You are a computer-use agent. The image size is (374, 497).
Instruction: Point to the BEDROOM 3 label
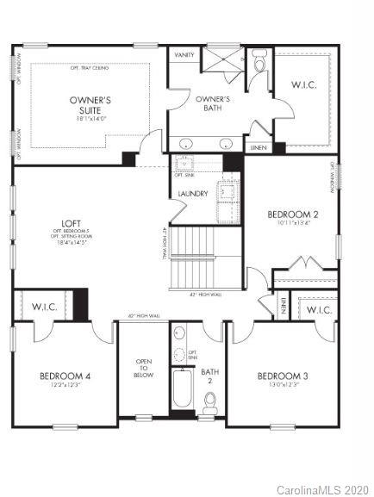pyautogui.click(x=282, y=376)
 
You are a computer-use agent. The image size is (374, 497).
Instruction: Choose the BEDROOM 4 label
pyautogui.click(x=65, y=376)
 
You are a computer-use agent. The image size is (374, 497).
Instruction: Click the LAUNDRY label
pyautogui.click(x=192, y=194)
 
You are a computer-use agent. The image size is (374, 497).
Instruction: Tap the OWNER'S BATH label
pyautogui.click(x=210, y=103)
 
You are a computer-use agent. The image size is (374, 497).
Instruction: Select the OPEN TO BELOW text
pyautogui.click(x=143, y=369)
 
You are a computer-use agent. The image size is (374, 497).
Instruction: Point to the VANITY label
pyautogui.click(x=184, y=54)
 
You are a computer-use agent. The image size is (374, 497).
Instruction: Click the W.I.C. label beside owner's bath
pyautogui.click(x=307, y=84)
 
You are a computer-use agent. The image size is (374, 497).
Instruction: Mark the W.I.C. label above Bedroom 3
pyautogui.click(x=319, y=309)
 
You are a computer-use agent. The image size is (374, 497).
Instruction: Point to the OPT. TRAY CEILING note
pyautogui.click(x=89, y=66)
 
